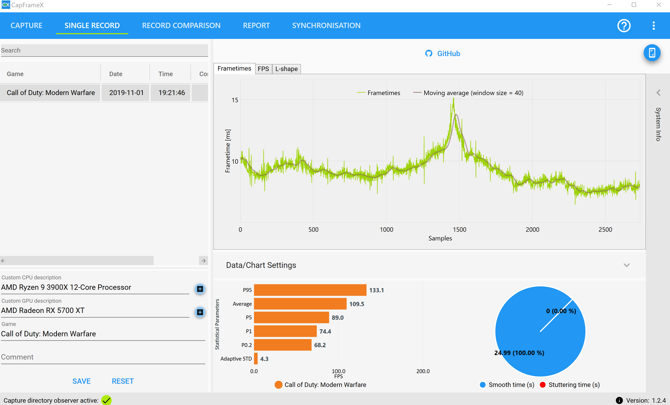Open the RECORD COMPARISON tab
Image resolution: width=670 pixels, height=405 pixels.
tap(181, 25)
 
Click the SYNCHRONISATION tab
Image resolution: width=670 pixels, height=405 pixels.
tap(326, 25)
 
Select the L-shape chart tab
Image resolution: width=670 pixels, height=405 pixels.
tap(286, 69)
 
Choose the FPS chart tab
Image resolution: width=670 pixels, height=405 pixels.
tap(263, 69)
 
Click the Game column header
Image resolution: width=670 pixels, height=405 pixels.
tap(15, 74)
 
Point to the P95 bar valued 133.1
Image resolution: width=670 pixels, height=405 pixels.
tap(310, 290)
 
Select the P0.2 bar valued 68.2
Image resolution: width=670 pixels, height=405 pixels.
tap(282, 345)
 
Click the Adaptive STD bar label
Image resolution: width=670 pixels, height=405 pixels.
tap(236, 359)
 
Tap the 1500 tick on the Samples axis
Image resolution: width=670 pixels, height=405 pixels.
tap(460, 229)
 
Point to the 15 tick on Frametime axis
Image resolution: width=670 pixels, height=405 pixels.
tap(235, 100)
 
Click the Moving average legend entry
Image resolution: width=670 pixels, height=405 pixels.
tap(468, 93)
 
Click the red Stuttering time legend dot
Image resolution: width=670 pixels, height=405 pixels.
tap(542, 385)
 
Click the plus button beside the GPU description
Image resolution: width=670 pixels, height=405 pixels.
tap(200, 312)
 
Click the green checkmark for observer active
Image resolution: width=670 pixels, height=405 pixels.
tap(106, 400)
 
